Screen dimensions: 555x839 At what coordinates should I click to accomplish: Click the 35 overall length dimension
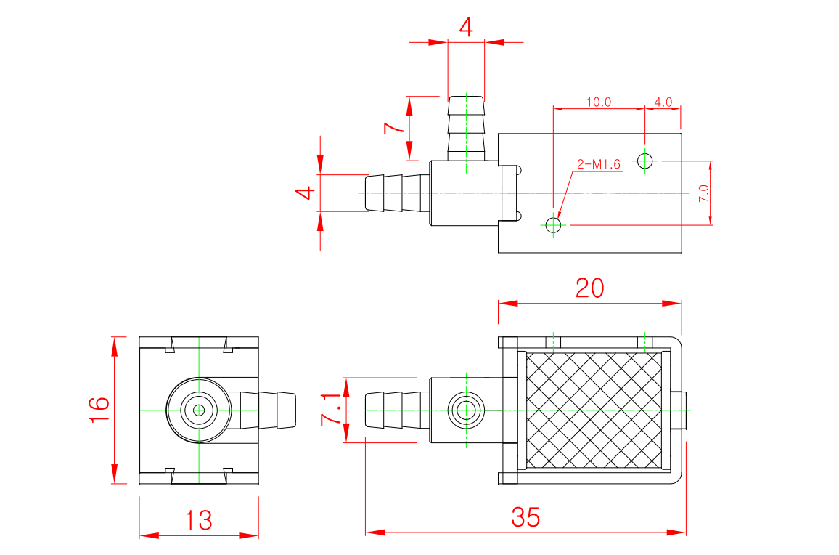point(525,517)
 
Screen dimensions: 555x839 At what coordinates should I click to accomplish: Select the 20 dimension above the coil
point(589,288)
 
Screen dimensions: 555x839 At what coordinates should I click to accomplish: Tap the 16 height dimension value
point(99,410)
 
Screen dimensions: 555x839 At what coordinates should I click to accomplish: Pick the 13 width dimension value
point(198,520)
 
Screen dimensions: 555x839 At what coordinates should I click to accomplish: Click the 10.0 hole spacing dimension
point(599,102)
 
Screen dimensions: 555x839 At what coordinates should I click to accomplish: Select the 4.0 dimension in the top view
point(663,102)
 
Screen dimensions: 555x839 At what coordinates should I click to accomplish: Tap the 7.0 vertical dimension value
point(703,193)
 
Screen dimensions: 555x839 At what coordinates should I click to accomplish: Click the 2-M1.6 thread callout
point(599,165)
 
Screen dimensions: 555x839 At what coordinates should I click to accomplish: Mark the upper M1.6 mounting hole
point(644,160)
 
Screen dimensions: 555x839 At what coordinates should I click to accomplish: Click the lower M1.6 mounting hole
point(554,225)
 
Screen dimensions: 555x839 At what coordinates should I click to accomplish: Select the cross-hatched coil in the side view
point(594,410)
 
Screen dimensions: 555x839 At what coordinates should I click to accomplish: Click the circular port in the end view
point(198,410)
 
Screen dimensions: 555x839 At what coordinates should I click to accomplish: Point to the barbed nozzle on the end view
point(276,410)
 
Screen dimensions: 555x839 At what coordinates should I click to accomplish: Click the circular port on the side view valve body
point(464,410)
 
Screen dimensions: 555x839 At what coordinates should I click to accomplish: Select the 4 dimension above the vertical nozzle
point(466,28)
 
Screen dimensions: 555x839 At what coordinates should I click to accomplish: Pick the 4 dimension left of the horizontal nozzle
point(305,193)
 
